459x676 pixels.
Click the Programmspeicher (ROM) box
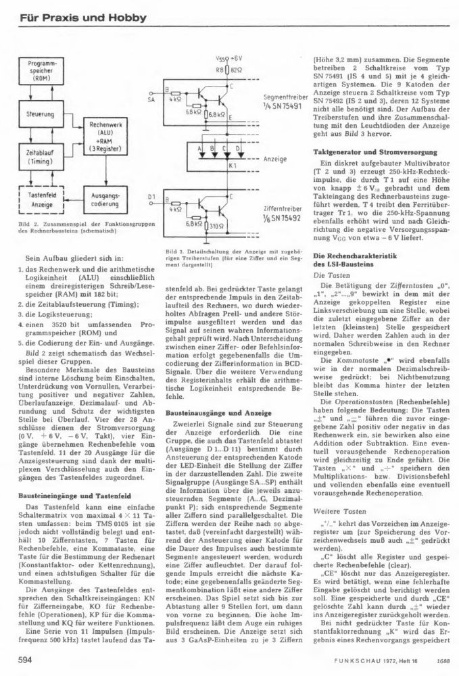pyautogui.click(x=45, y=70)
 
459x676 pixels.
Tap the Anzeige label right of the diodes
pyautogui.click(x=281, y=158)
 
